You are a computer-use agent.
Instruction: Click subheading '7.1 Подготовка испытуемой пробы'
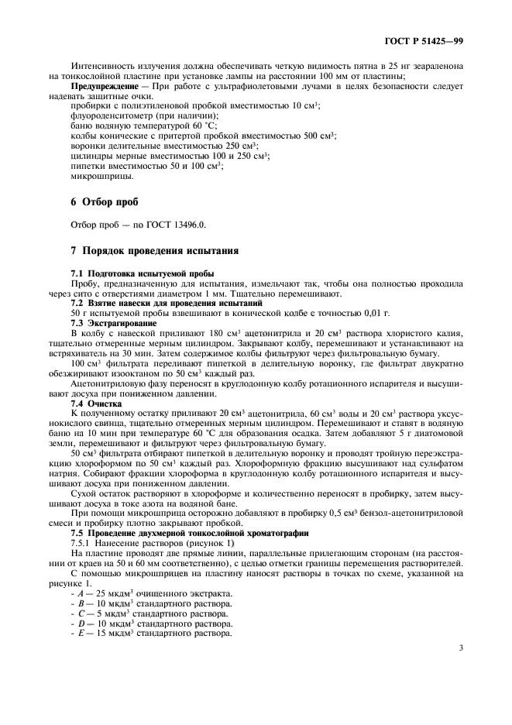click(142, 274)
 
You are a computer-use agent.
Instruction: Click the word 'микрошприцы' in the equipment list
click(97, 175)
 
